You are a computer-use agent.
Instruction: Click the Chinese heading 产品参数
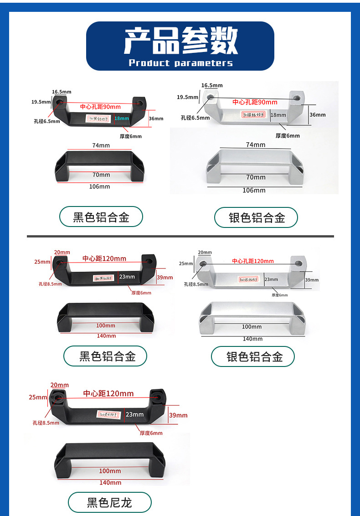(180, 41)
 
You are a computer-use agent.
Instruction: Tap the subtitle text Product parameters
(180, 63)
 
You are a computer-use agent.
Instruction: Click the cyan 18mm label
(122, 119)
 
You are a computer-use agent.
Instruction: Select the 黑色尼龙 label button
(109, 503)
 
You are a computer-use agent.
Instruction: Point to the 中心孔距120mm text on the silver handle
(253, 261)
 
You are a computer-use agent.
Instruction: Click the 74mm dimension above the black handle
(101, 145)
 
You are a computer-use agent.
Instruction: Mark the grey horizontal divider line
(180, 236)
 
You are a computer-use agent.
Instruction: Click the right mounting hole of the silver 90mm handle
(298, 98)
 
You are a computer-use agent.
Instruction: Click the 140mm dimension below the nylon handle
(110, 482)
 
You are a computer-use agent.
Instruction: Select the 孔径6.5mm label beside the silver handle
(195, 118)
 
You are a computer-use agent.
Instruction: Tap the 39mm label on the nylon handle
(178, 415)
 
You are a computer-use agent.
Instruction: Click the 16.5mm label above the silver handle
(212, 85)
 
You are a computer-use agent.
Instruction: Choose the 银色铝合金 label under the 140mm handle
(254, 356)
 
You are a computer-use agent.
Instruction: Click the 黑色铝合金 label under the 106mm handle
(101, 217)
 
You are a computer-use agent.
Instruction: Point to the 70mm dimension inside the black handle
(101, 175)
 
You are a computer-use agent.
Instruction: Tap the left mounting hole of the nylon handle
(59, 397)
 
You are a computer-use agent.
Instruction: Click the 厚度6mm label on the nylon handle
(151, 433)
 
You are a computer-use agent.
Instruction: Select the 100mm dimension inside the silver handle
(252, 326)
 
